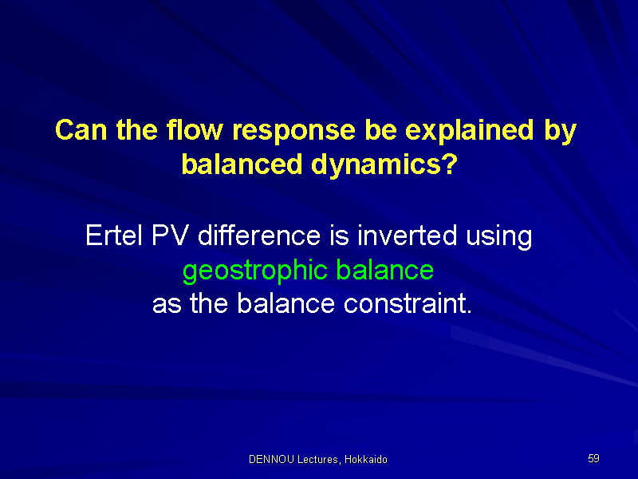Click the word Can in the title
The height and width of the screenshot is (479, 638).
pyautogui.click(x=81, y=130)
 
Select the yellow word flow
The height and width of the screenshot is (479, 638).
pyautogui.click(x=195, y=130)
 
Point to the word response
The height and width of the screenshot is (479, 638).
pyautogui.click(x=293, y=133)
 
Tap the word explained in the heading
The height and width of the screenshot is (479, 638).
pyautogui.click(x=469, y=132)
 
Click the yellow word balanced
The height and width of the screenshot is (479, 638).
pyautogui.click(x=242, y=164)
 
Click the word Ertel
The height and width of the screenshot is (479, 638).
pyautogui.click(x=113, y=235)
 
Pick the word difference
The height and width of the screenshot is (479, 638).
pyautogui.click(x=259, y=235)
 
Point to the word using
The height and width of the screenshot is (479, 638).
pyautogui.click(x=499, y=237)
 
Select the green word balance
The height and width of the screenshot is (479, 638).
pyautogui.click(x=385, y=270)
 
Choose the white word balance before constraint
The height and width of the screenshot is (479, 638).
pyautogui.click(x=286, y=303)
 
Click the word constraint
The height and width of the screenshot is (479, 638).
pyautogui.click(x=408, y=303)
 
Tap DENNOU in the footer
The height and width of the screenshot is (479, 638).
pyautogui.click(x=271, y=460)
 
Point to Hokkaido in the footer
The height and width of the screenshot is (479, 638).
pyautogui.click(x=366, y=460)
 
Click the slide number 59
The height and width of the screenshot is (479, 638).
pyautogui.click(x=593, y=458)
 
